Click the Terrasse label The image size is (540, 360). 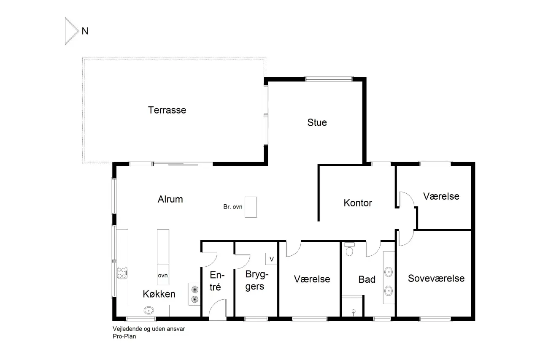pyautogui.click(x=167, y=110)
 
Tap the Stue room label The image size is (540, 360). pyautogui.click(x=317, y=122)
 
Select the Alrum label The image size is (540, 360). pyautogui.click(x=170, y=199)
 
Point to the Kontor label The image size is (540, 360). pyautogui.click(x=358, y=203)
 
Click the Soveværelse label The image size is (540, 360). pyautogui.click(x=436, y=279)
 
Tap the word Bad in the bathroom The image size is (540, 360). pyautogui.click(x=367, y=279)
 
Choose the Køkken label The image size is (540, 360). pyautogui.click(x=159, y=294)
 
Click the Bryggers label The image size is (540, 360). pyautogui.click(x=257, y=280)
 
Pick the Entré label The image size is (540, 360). pyautogui.click(x=217, y=281)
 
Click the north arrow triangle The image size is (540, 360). pyautogui.click(x=72, y=31)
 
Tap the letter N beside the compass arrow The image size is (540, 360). pyautogui.click(x=85, y=31)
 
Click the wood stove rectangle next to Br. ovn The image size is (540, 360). pyautogui.click(x=251, y=207)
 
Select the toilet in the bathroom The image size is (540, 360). pyautogui.click(x=349, y=249)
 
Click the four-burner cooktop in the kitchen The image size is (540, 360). pyautogui.click(x=122, y=273)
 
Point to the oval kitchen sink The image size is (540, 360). pyautogui.click(x=149, y=310)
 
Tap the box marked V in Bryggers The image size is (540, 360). pyautogui.click(x=271, y=259)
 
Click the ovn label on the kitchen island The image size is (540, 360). pyautogui.click(x=163, y=275)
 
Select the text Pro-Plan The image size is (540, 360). pyautogui.click(x=124, y=336)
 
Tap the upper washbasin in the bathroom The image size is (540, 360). pyautogui.click(x=389, y=272)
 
